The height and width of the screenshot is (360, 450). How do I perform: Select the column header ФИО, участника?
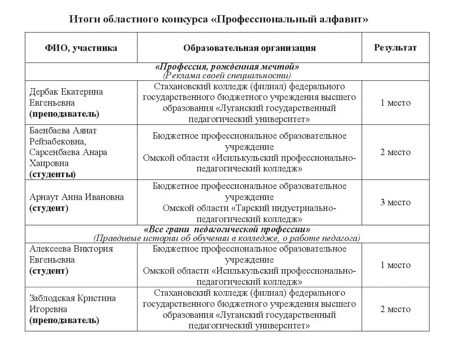[x=81, y=48]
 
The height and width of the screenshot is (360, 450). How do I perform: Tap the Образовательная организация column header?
[x=250, y=48]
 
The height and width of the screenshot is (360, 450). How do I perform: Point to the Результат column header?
[x=395, y=48]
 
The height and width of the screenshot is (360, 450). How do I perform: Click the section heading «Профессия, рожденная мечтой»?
[x=227, y=67]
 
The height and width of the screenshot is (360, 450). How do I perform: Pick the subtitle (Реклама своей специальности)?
[x=227, y=75]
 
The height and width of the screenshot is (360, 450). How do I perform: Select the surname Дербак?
[x=43, y=92]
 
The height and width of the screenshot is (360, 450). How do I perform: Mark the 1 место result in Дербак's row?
[x=396, y=103]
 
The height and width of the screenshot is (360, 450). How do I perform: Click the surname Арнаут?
[x=43, y=197]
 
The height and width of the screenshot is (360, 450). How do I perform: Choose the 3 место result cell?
[x=396, y=202]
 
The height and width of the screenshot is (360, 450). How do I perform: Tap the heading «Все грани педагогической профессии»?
[x=227, y=230]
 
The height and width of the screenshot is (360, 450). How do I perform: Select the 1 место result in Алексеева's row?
[x=396, y=265]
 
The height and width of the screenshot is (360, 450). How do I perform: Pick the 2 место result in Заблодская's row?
[x=396, y=309]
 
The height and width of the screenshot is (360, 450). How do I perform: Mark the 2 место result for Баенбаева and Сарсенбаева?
[x=396, y=152]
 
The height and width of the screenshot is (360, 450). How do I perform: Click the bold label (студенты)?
[x=52, y=174]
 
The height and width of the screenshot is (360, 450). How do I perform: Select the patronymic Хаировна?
[x=49, y=163]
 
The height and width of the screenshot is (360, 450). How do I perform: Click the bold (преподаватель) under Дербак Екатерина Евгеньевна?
[x=64, y=114]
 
